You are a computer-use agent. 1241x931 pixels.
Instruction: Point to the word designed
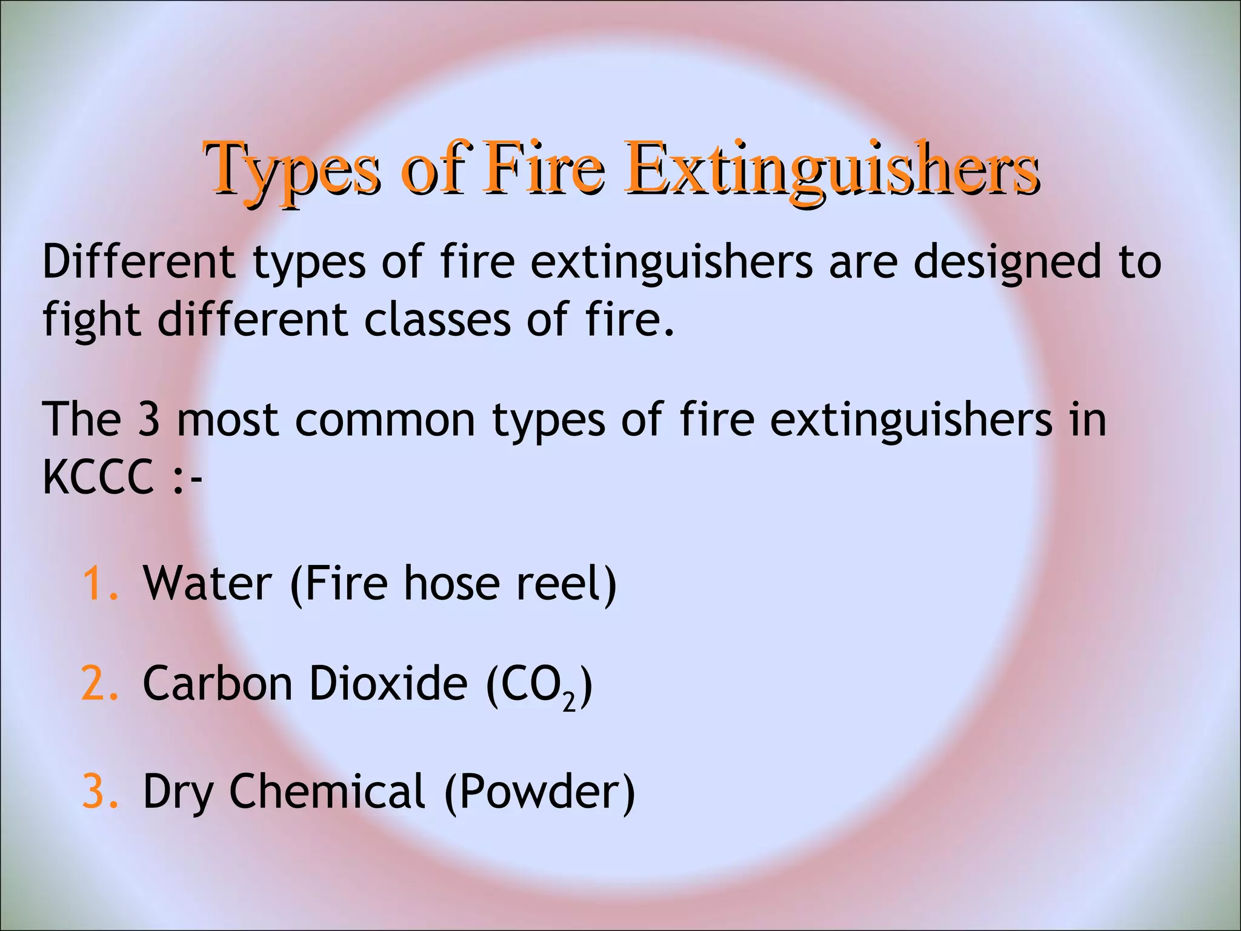click(x=1006, y=263)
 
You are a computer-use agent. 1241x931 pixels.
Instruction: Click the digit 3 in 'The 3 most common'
click(x=148, y=419)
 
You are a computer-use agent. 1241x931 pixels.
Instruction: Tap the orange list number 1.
click(x=96, y=583)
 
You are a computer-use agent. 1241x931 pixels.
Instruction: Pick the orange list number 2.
click(x=96, y=684)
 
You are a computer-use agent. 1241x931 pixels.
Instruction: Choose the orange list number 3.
click(x=96, y=791)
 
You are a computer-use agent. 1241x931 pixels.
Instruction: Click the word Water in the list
click(x=207, y=583)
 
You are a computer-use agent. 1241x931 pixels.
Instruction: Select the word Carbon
click(x=218, y=684)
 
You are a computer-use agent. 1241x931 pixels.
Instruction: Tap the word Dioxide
click(x=388, y=684)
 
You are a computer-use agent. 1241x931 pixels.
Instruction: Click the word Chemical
click(x=327, y=791)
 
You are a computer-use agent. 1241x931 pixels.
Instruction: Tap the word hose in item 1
click(x=451, y=583)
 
